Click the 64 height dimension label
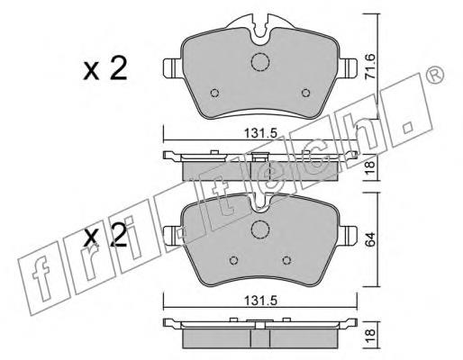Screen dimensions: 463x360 pos(370,239)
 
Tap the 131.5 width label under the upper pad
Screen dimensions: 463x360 pos(260,133)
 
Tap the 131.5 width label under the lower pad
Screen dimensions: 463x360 pos(260,301)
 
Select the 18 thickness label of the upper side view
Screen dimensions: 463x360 pos(370,168)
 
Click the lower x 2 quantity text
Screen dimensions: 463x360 pos(105,236)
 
